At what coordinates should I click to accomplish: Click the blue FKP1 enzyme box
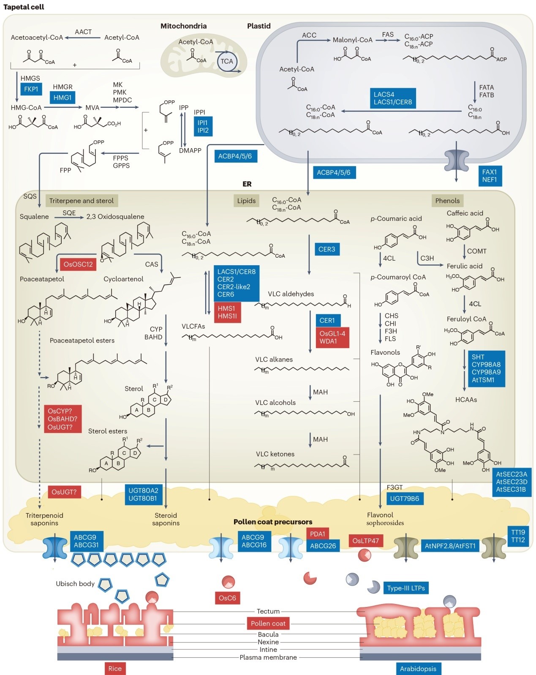click(31, 89)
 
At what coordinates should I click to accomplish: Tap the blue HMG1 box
click(63, 98)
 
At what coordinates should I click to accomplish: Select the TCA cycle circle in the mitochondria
click(226, 61)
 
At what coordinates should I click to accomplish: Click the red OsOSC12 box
click(78, 264)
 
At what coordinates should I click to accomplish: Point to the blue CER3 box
click(326, 249)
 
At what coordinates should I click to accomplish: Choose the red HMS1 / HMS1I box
click(227, 312)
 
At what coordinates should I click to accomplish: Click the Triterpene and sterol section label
click(82, 201)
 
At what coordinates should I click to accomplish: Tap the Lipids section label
click(246, 201)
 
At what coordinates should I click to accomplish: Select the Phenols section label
click(447, 201)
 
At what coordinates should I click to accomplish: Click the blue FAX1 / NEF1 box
click(490, 176)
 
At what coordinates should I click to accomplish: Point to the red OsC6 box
click(227, 598)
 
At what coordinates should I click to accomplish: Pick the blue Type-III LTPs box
click(406, 588)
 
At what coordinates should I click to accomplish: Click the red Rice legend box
click(115, 668)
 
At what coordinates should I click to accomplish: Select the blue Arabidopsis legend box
click(418, 669)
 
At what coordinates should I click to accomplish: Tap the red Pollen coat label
click(268, 623)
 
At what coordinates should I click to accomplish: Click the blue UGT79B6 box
click(405, 498)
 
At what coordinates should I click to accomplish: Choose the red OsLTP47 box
click(366, 541)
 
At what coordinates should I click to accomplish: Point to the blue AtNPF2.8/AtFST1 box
click(450, 546)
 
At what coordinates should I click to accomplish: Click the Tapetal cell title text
click(24, 7)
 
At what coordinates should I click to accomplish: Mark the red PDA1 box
click(318, 534)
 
